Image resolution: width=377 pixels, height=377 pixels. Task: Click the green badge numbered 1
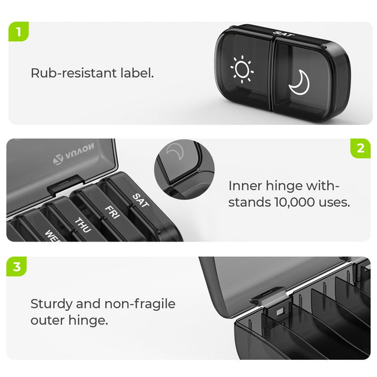(18, 31)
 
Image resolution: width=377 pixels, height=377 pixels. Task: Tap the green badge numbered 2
(360, 148)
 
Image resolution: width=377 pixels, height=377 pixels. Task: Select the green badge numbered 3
(18, 266)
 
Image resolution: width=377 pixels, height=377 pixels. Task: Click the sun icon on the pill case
(242, 70)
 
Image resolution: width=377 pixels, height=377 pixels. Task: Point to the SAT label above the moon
(281, 35)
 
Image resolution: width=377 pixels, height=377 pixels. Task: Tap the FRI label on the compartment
(112, 210)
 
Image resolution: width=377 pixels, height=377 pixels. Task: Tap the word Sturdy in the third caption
(50, 304)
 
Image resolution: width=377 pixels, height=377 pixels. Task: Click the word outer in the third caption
(47, 320)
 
